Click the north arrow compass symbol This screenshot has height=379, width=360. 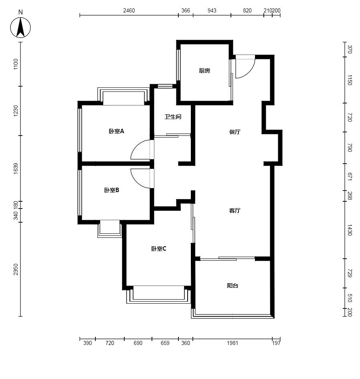tap(20, 27)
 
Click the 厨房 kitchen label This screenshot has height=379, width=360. tap(204, 71)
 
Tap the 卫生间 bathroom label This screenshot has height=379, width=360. tap(173, 117)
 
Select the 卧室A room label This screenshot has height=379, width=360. tap(116, 131)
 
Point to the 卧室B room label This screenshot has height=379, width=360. tap(111, 190)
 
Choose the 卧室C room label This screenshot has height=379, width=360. tap(159, 249)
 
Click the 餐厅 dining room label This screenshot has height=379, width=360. tap(235, 132)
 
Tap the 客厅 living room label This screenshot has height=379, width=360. tap(235, 211)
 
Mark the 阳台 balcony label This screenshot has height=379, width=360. tap(233, 286)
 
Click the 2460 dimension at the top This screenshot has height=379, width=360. tap(129, 11)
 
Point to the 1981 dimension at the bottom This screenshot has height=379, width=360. tap(233, 343)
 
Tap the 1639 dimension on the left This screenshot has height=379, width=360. tap(16, 168)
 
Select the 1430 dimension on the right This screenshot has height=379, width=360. tap(350, 230)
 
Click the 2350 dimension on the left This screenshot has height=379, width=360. tap(16, 269)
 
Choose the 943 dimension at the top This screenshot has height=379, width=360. tap(212, 11)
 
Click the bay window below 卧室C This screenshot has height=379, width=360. tap(159, 295)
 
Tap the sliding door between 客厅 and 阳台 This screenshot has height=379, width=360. tap(227, 259)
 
